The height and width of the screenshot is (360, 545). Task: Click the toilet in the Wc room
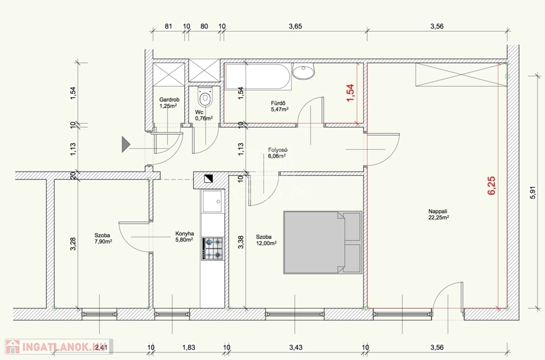[204, 96]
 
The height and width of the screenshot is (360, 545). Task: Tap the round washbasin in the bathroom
[303, 71]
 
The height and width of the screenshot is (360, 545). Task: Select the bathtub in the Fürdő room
[258, 77]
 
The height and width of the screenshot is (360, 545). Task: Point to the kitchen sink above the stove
[212, 201]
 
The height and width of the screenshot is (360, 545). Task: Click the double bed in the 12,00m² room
[323, 242]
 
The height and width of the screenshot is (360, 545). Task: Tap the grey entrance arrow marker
[126, 144]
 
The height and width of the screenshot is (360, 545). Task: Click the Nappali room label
[437, 211]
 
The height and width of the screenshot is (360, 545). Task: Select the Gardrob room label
[169, 100]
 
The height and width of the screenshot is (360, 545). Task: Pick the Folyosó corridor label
[278, 150]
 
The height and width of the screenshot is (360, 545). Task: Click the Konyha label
[185, 234]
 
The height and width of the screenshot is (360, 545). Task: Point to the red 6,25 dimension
[491, 186]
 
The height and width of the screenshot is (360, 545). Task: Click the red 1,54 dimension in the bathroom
[350, 93]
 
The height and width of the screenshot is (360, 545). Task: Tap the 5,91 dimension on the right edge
[532, 193]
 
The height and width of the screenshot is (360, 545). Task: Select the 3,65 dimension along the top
[295, 26]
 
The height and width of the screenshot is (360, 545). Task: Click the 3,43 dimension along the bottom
[295, 347]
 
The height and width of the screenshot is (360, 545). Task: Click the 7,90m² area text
[103, 241]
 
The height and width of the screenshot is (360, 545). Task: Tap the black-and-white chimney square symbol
[209, 178]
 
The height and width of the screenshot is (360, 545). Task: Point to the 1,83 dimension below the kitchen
[189, 347]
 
